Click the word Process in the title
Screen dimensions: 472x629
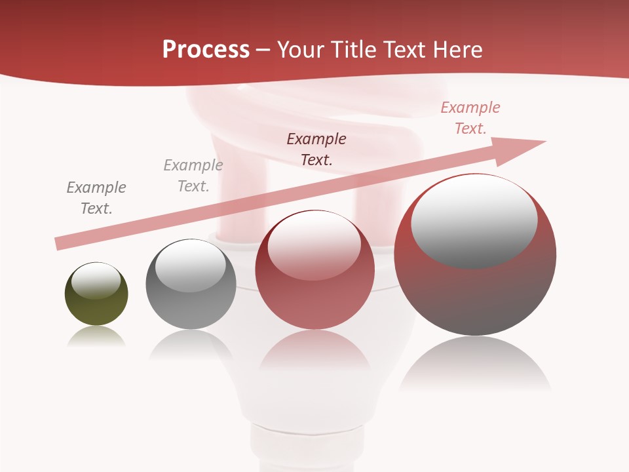(206, 50)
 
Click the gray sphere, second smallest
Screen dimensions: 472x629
(191, 285)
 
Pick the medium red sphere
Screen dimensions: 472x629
(315, 270)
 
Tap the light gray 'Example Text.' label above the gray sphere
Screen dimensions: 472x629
(193, 176)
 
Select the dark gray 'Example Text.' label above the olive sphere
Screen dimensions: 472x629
(96, 198)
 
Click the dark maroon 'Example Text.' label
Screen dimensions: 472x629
(316, 149)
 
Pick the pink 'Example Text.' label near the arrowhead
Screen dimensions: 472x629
(470, 117)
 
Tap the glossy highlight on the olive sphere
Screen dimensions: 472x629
(96, 281)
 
